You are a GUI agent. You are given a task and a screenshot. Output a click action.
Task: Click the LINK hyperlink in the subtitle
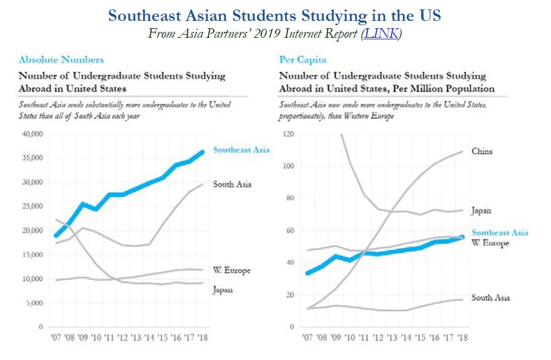[x=382, y=34]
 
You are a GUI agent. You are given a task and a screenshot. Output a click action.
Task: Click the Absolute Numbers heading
[x=61, y=60]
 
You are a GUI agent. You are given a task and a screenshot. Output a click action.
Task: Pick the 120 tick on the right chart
[x=288, y=134]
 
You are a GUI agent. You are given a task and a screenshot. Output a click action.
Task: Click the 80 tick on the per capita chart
[x=290, y=198]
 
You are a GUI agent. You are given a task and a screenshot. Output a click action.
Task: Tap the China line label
[x=482, y=151]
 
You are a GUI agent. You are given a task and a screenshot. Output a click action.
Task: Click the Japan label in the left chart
[x=223, y=289]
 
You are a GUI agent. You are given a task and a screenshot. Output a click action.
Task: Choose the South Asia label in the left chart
[x=232, y=184]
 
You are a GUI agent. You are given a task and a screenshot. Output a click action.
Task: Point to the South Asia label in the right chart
[x=490, y=298]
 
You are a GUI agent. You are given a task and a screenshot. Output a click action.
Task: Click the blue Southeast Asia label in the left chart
[x=241, y=150]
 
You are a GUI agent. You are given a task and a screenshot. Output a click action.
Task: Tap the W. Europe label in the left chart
[x=232, y=270]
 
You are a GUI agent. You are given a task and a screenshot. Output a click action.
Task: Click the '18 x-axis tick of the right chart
[x=462, y=337]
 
